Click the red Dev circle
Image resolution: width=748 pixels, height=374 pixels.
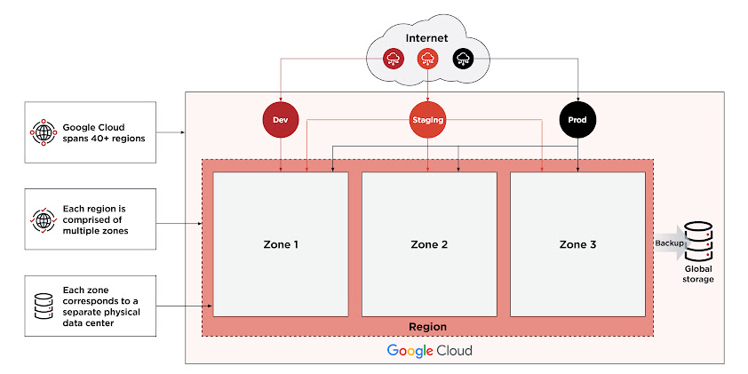[x=280, y=119]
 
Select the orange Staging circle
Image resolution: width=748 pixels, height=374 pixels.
[x=427, y=119]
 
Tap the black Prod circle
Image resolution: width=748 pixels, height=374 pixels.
[x=577, y=119]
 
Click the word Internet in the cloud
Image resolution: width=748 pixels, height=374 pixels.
[x=426, y=39]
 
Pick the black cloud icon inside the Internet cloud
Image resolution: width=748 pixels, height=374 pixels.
[x=462, y=60]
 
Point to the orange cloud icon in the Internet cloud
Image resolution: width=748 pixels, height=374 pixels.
[x=427, y=60]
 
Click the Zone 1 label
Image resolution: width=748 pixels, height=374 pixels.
[x=280, y=244]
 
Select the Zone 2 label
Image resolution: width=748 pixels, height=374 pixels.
[x=428, y=244]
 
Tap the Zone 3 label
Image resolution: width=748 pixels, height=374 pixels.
[x=577, y=244]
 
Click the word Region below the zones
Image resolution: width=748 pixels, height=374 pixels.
[x=426, y=327]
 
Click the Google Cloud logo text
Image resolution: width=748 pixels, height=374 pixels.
[x=429, y=350]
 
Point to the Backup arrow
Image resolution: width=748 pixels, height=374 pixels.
[x=672, y=243]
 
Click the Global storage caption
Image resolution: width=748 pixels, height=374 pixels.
[x=698, y=274]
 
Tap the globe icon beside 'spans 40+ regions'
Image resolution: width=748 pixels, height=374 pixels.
[x=43, y=132]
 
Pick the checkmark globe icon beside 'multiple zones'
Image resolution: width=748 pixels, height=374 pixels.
[x=43, y=219]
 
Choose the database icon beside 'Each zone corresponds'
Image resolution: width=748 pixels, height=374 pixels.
[x=43, y=306]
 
